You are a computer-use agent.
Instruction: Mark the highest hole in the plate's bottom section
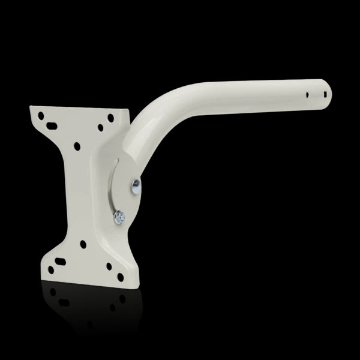pyautogui.click(x=81, y=244)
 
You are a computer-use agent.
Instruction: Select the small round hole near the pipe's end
pyautogui.click(x=308, y=94)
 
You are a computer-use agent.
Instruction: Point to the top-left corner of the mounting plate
pyautogui.click(x=31, y=107)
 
